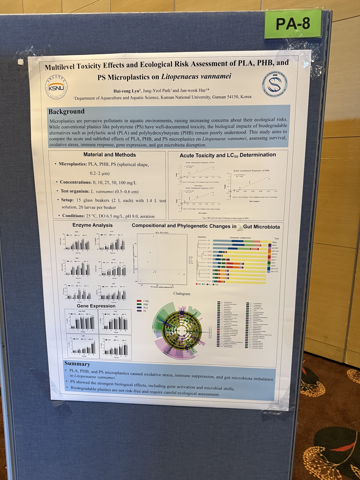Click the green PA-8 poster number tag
293,24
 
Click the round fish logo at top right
275,85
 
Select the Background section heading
66,111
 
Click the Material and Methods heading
109,155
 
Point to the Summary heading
77,364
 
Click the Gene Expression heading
96,306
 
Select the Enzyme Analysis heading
92,225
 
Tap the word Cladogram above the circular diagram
182,294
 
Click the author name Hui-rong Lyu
127,90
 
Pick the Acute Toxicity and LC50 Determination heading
228,155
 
